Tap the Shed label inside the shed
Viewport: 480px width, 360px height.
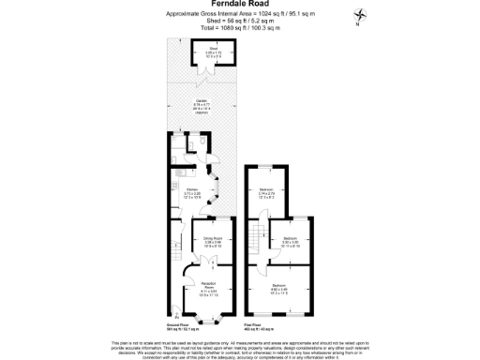pyautogui.click(x=213, y=54)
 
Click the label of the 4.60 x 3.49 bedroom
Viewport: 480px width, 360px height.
pyautogui.click(x=279, y=287)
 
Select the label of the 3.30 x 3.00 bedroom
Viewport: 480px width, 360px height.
pyautogui.click(x=291, y=242)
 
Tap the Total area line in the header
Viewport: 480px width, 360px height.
pyautogui.click(x=239, y=28)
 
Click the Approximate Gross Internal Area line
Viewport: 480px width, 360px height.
pyautogui.click(x=239, y=14)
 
